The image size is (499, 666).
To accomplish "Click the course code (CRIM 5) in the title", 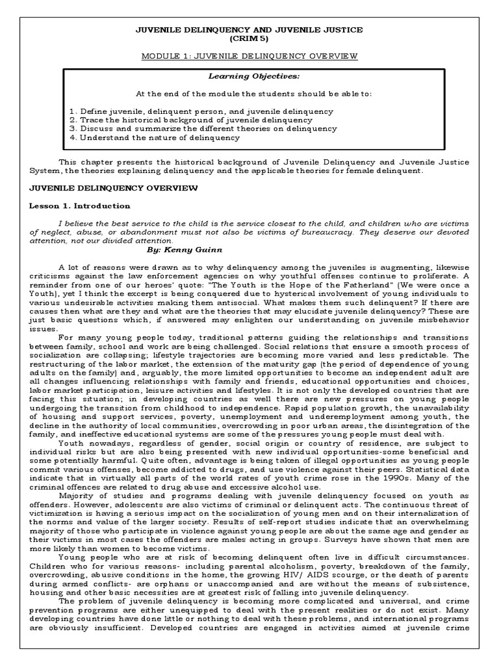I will tap(249, 39).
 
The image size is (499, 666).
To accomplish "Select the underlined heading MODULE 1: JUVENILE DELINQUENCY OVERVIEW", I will tap(249, 57).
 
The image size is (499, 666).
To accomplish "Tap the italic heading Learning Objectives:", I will tap(249, 76).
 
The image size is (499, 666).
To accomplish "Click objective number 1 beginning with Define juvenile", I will tap(201, 111).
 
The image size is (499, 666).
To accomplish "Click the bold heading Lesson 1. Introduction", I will tap(80, 206).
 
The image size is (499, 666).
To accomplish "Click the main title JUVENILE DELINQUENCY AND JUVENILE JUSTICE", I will tap(249, 30).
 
